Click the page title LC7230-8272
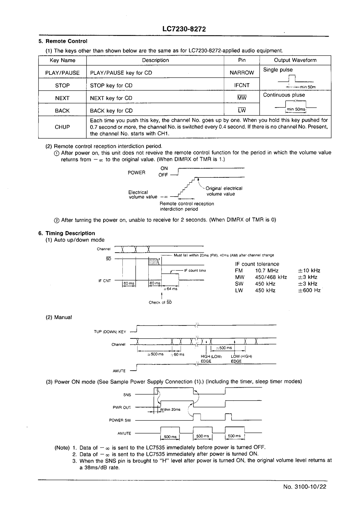pyautogui.click(x=184, y=29)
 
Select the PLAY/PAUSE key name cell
pyautogui.click(x=62, y=73)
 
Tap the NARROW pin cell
pyautogui.click(x=242, y=73)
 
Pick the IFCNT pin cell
pyautogui.click(x=242, y=85)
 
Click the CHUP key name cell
pyautogui.click(x=62, y=127)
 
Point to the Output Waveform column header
pyautogui.click(x=295, y=60)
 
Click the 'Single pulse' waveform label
pyautogui.click(x=278, y=70)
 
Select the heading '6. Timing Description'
pyautogui.click(x=67, y=233)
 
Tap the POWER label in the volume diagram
pyautogui.click(x=136, y=173)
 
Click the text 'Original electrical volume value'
pyautogui.click(x=224, y=191)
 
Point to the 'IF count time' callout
pyautogui.click(x=195, y=270)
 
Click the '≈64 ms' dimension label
pyautogui.click(x=171, y=289)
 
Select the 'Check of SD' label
pyautogui.click(x=160, y=302)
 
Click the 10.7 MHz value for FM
pyautogui.click(x=267, y=270)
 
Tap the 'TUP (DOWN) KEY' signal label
pyautogui.click(x=110, y=332)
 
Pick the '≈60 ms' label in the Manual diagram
pyautogui.click(x=177, y=354)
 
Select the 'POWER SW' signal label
pyautogui.click(x=120, y=420)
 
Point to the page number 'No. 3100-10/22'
pyautogui.click(x=304, y=486)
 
